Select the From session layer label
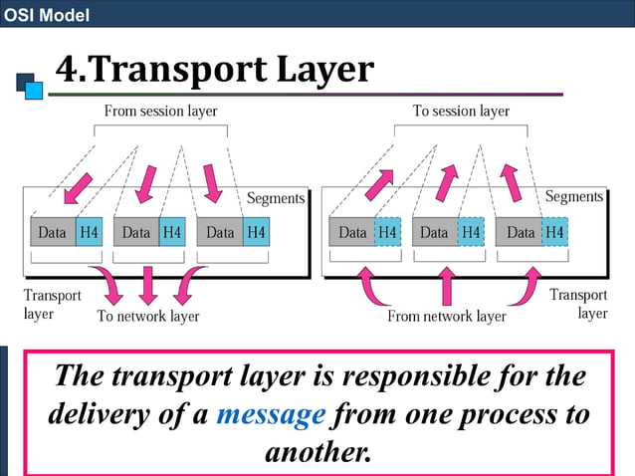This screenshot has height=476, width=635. pos(161,111)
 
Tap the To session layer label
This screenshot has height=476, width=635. pos(461,111)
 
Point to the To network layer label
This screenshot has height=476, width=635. pos(147,317)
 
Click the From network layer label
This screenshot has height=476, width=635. pos(447,317)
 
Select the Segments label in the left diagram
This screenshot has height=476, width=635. pos(276,198)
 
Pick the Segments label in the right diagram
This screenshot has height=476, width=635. pos(574,197)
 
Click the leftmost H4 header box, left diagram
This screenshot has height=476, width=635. pos(90,233)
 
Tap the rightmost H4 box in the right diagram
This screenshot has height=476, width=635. pos(554,233)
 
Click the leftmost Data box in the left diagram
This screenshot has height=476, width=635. pos(53,233)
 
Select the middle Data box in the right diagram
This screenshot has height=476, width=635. pos(435,233)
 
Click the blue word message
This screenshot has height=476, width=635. pos(271,413)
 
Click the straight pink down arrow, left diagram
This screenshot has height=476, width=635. pos(148,285)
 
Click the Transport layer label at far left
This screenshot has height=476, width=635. pos(45,304)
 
